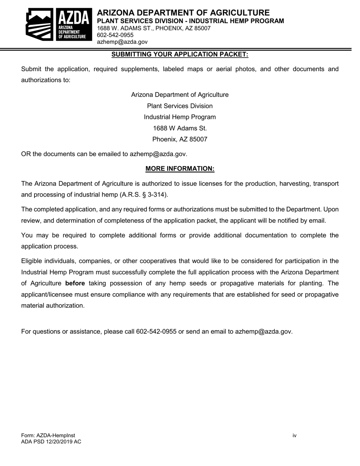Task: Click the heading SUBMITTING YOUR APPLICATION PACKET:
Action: coord(180,55)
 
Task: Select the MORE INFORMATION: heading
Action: coord(180,169)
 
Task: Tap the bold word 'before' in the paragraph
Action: coord(75,283)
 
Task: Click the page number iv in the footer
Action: coord(294,436)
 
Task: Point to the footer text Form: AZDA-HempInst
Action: coord(45,436)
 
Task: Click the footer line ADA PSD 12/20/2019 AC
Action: coord(51,442)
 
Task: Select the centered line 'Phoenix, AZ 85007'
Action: coord(180,139)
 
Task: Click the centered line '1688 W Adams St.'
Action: coord(180,128)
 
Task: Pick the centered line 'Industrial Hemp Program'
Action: coord(180,117)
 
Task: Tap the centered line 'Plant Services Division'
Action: coord(180,106)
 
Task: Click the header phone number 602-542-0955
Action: coord(115,35)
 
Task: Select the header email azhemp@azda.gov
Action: coord(122,42)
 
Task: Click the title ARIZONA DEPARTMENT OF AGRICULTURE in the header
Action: coord(183,13)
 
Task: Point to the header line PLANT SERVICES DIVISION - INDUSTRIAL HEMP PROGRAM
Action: coord(190,21)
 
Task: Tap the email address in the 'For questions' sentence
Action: coord(263,332)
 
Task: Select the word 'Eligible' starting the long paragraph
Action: coord(32,261)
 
